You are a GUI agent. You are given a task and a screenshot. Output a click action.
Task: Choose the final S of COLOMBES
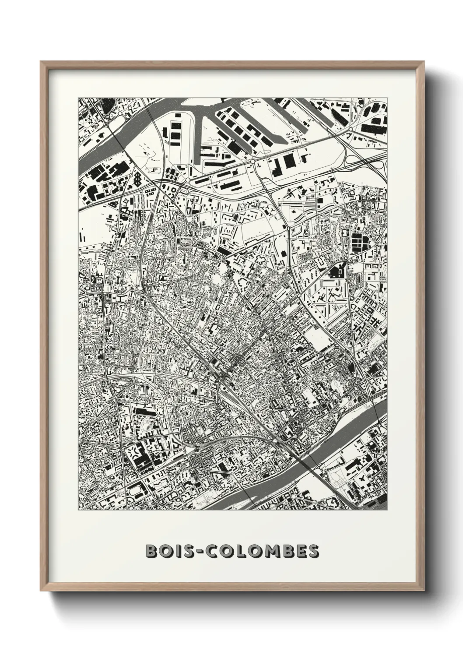click(313, 552)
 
